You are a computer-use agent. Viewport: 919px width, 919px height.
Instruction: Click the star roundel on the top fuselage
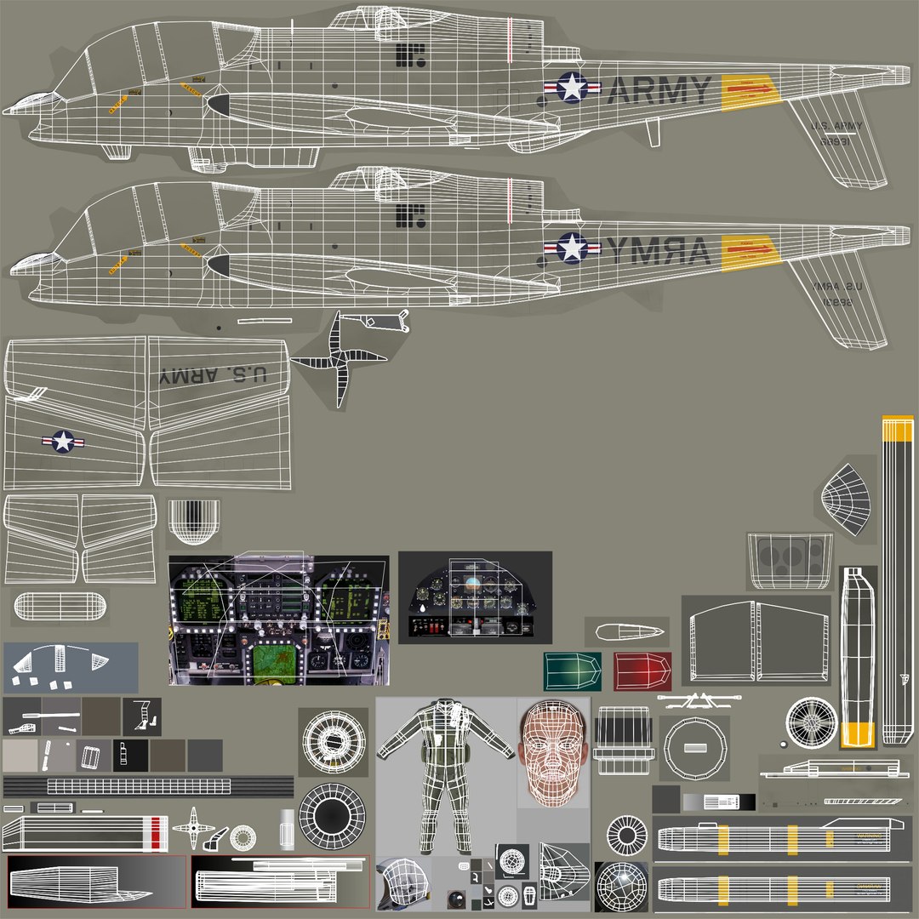pyautogui.click(x=573, y=87)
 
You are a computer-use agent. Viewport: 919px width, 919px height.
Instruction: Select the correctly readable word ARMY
pyautogui.click(x=660, y=90)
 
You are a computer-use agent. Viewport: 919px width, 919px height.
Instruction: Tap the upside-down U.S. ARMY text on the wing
pyautogui.click(x=213, y=375)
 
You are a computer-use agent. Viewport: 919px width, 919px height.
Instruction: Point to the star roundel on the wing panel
pyautogui.click(x=63, y=441)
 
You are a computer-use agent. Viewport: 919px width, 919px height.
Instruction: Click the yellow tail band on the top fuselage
pyautogui.click(x=750, y=91)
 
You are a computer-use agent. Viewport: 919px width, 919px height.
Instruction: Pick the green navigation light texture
pyautogui.click(x=572, y=671)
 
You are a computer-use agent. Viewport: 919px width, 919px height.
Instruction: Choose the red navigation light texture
pyautogui.click(x=642, y=671)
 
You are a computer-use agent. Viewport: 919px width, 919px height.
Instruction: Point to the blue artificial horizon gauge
pyautogui.click(x=471, y=586)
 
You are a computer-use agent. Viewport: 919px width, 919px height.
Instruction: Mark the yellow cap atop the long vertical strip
pyautogui.click(x=897, y=428)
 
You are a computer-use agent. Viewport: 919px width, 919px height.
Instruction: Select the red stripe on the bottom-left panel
pyautogui.click(x=154, y=833)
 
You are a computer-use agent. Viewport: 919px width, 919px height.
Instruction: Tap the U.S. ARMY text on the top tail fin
pyautogui.click(x=837, y=126)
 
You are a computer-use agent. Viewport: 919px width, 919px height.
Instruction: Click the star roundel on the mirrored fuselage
pyautogui.click(x=573, y=248)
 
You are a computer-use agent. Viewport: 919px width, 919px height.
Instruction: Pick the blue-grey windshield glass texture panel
pyautogui.click(x=71, y=667)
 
